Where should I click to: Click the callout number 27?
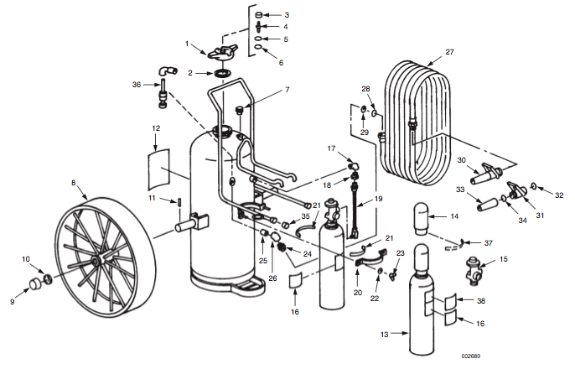449,52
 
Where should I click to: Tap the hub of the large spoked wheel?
98,261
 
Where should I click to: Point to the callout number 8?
74,182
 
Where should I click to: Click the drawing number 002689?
472,356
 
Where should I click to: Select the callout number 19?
378,199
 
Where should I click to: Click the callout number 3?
286,15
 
